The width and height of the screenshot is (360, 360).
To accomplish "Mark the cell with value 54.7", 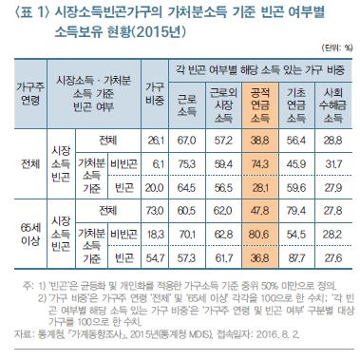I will pyautogui.click(x=154, y=256).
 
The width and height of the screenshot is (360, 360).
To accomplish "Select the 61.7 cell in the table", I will pyautogui.click(x=222, y=256).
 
